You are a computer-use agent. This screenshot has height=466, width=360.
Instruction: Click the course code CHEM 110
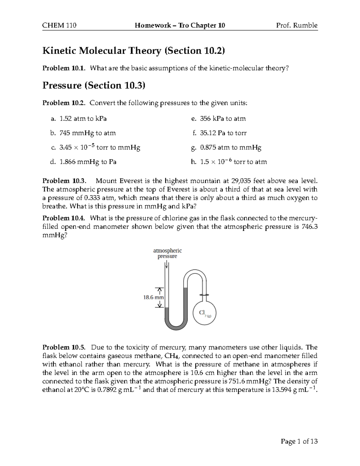click(x=59, y=25)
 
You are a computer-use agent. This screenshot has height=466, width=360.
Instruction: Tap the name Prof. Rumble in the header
click(x=297, y=25)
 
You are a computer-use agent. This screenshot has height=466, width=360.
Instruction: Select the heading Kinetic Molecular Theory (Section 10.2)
click(x=133, y=51)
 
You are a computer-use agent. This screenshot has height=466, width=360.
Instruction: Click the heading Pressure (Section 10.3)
click(x=94, y=86)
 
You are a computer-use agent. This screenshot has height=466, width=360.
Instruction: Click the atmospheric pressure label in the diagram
click(x=167, y=253)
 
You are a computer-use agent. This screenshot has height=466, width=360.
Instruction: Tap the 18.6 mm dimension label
click(x=153, y=297)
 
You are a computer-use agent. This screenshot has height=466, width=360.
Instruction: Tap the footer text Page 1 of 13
click(x=299, y=441)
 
